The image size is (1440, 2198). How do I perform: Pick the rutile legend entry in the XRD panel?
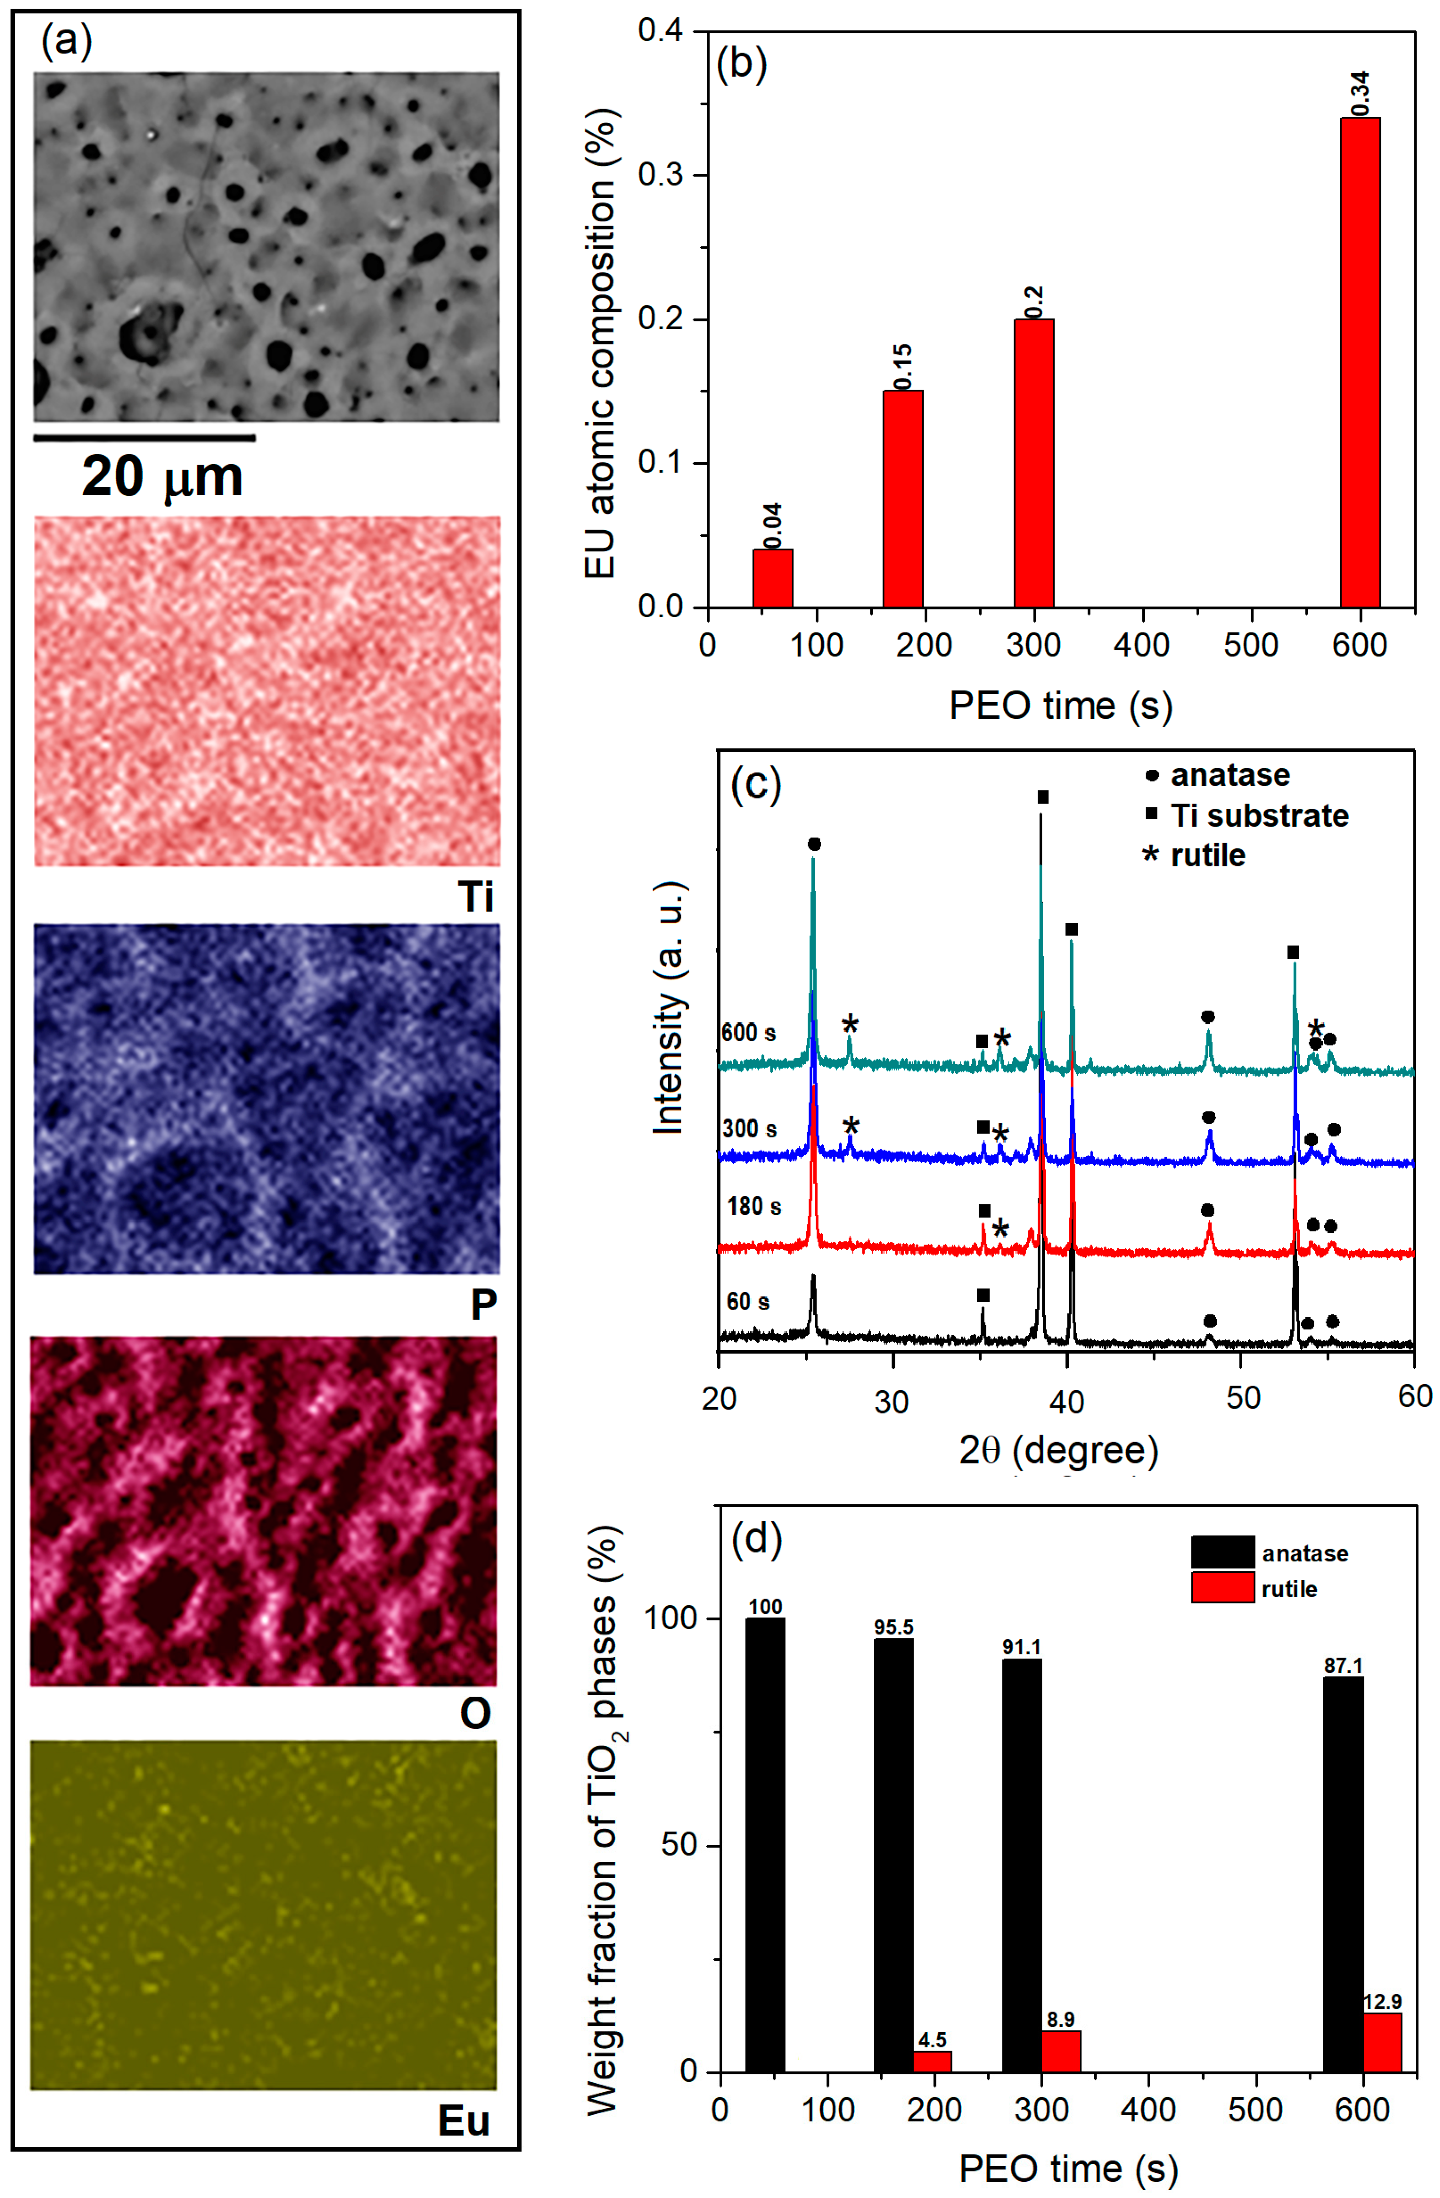tap(1207, 855)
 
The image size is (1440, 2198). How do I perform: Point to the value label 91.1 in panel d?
tap(1021, 1647)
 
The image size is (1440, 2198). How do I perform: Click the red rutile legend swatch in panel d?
tap(1221, 1589)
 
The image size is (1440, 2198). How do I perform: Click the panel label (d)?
tap(756, 1539)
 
